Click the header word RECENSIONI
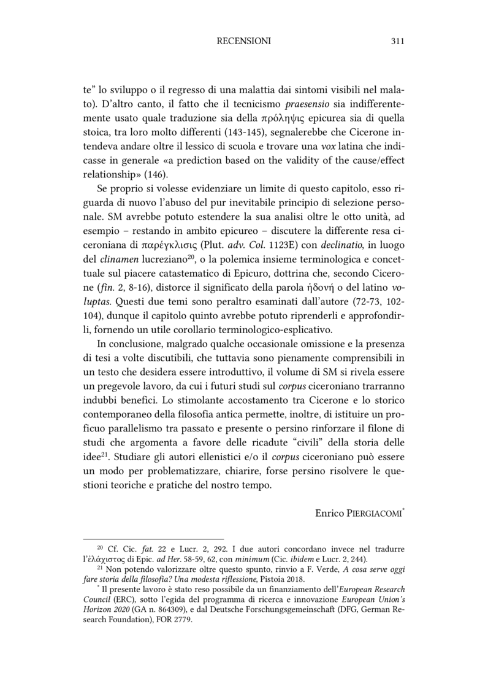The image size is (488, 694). [244, 41]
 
